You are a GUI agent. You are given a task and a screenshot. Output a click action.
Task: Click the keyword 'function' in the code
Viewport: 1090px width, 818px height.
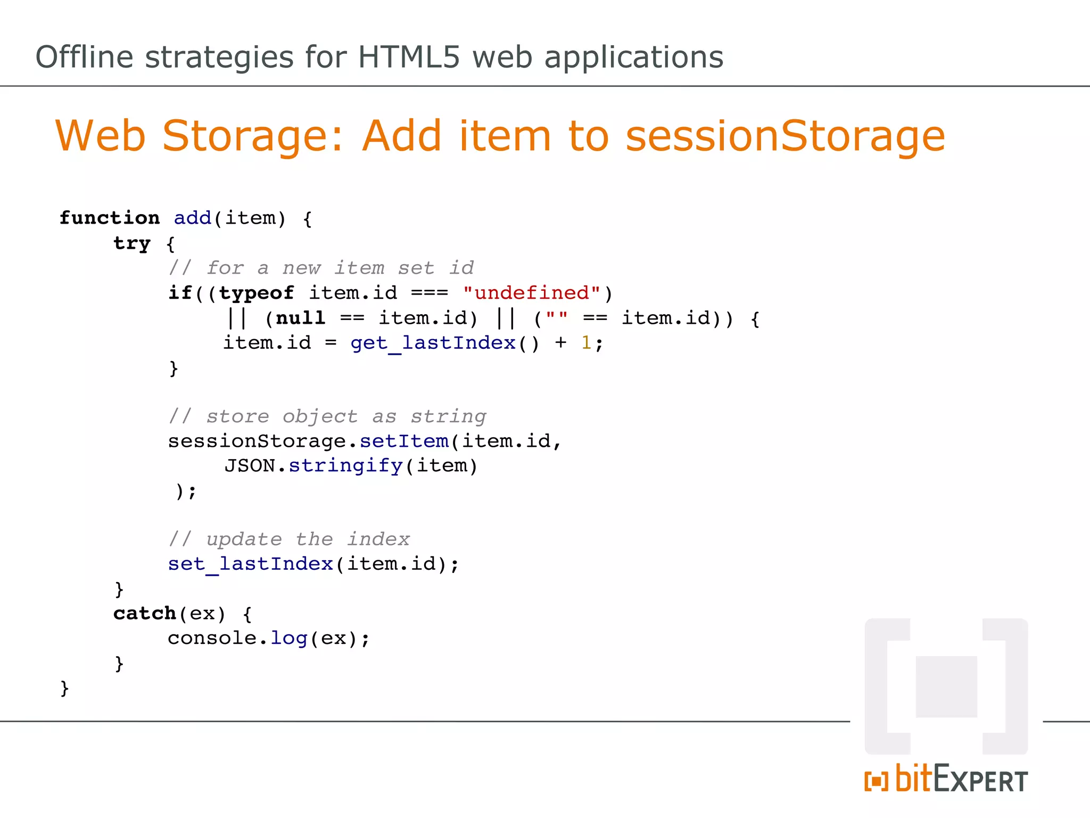click(x=109, y=218)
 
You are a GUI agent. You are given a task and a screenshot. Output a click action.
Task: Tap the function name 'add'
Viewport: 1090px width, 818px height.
click(x=193, y=218)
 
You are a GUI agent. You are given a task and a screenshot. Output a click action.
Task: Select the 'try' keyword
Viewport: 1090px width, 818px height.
click(x=132, y=243)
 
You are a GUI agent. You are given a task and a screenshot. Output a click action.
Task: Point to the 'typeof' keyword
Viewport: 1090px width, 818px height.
click(x=256, y=292)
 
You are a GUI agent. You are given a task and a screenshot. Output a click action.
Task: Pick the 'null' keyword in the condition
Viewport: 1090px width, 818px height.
click(x=300, y=318)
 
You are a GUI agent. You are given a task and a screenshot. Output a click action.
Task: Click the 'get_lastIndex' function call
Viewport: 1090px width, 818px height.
click(x=433, y=342)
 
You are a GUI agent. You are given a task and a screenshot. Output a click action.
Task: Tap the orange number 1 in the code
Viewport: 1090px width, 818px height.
click(x=586, y=342)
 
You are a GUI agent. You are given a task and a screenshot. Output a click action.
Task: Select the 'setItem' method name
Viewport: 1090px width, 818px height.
click(x=404, y=441)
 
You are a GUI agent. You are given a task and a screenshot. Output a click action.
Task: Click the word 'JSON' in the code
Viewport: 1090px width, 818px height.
click(x=250, y=465)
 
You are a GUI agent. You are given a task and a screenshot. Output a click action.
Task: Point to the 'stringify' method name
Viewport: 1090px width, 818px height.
click(x=345, y=465)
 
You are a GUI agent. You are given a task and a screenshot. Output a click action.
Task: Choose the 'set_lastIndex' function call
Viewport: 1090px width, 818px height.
click(x=250, y=563)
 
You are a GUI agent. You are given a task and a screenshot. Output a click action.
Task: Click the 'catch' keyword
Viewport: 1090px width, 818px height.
click(x=144, y=613)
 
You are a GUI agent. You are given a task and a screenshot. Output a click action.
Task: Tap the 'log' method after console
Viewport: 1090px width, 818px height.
click(x=289, y=638)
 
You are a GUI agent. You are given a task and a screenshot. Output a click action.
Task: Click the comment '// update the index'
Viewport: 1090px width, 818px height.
click(x=289, y=539)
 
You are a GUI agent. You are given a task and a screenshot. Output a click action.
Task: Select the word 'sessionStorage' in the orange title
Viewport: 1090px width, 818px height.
click(x=785, y=136)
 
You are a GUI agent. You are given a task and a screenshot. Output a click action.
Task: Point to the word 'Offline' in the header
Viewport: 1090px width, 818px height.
click(x=84, y=57)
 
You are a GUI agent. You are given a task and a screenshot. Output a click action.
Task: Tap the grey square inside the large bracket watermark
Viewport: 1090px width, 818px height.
click(x=946, y=686)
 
